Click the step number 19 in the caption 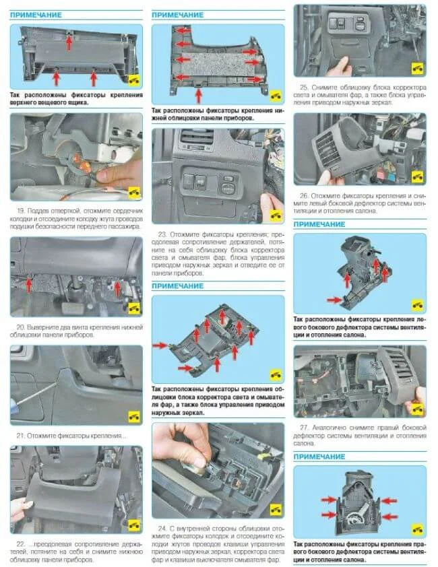coord(21,211)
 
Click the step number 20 coord(20,327)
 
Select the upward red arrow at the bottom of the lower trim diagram coord(198,96)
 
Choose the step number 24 coord(162,529)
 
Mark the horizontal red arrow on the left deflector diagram coord(334,300)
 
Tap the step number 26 coord(304,196)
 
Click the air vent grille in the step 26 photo coord(327,148)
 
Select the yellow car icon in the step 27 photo coord(417,409)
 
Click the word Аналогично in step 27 coord(325,428)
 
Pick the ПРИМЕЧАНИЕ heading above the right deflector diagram coord(319,457)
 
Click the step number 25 coord(304,87)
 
